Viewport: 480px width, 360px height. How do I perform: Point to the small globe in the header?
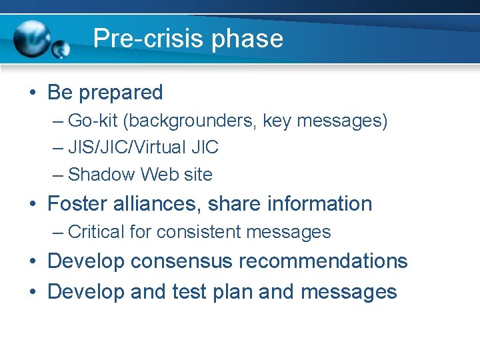pos(61,49)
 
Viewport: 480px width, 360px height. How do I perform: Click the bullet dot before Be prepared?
pos(32,93)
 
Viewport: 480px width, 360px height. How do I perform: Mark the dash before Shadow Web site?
pos(58,175)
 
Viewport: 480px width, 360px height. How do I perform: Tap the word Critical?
pos(96,232)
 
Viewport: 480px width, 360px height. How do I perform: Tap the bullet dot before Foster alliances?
pos(32,204)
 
